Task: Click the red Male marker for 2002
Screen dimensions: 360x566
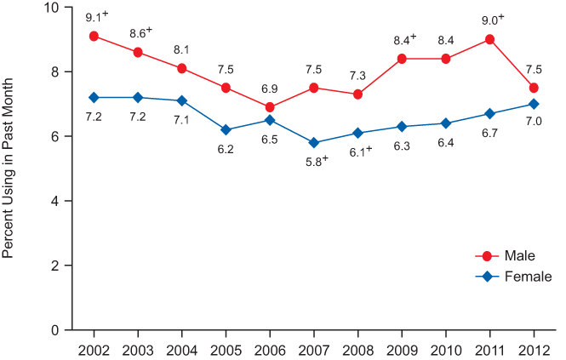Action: click(x=94, y=36)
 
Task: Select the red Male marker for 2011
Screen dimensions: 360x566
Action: click(x=489, y=39)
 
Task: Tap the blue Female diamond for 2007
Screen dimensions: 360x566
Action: click(x=313, y=142)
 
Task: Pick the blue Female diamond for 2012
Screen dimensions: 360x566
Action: click(x=534, y=104)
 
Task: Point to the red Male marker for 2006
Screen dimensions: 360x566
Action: click(x=270, y=107)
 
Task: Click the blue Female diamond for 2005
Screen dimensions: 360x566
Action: click(x=226, y=129)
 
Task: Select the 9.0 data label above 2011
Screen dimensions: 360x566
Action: click(x=492, y=20)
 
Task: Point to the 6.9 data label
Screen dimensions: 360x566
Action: click(x=270, y=89)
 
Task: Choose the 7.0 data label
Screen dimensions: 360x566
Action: click(x=534, y=122)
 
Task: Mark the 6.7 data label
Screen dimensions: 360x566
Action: click(x=489, y=132)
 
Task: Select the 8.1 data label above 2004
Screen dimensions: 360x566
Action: click(x=181, y=49)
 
